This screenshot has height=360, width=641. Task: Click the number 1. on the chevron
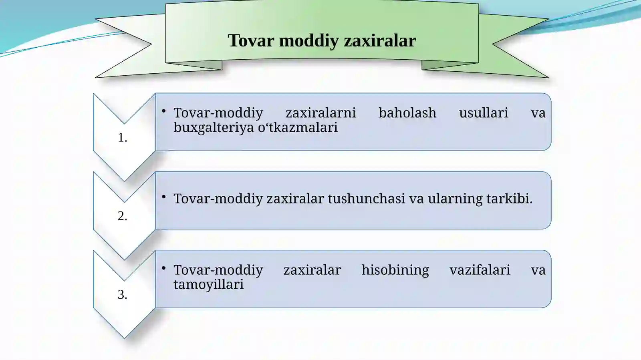tap(123, 138)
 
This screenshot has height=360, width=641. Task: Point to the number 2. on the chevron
tap(123, 216)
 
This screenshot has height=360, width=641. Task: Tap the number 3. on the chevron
tap(123, 295)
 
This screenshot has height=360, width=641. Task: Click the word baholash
tap(407, 113)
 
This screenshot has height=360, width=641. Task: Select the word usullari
tap(483, 113)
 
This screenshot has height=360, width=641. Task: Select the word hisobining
tap(395, 270)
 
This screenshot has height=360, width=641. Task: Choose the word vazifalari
tap(480, 270)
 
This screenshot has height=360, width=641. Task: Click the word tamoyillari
tap(208, 284)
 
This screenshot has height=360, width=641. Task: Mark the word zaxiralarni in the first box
tap(320, 113)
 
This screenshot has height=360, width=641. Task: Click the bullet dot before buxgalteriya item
tap(163, 111)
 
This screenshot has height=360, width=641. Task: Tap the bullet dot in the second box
tap(163, 197)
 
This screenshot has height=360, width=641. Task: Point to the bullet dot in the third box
tap(163, 268)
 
